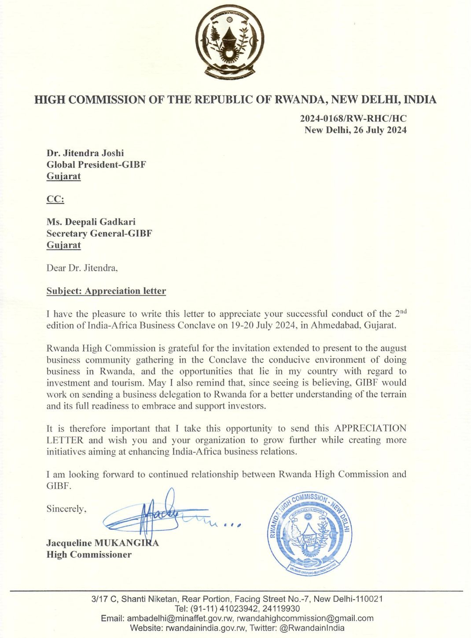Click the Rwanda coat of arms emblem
point(229,43)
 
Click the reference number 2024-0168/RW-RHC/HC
point(353,118)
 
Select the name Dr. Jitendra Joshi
point(85,153)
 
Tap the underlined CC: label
point(55,199)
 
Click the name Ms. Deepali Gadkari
point(91,222)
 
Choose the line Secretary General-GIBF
point(99,234)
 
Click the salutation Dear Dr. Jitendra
point(82,268)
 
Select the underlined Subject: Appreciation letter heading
point(106,291)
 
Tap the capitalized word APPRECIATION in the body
point(370,429)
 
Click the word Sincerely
point(66,509)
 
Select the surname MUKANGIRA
point(127,543)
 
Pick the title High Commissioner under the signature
point(89,555)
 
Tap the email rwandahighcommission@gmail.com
point(305,618)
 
